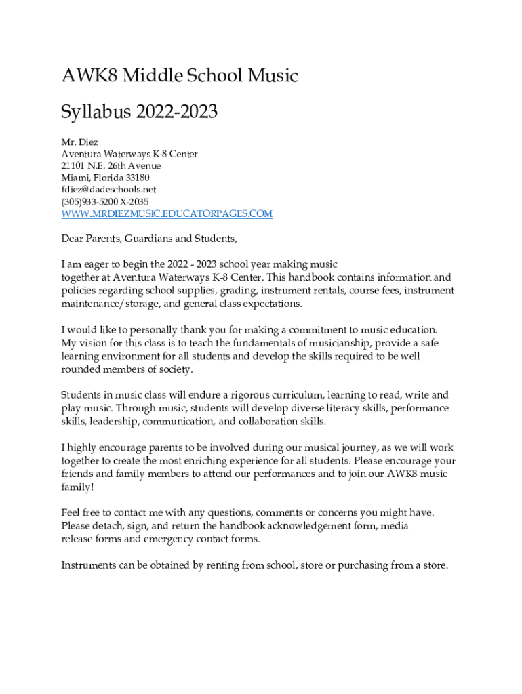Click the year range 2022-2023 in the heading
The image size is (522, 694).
(x=176, y=111)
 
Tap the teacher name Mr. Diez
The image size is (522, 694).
(x=80, y=142)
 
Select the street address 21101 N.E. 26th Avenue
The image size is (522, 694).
(x=111, y=166)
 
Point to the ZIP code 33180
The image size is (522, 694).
(x=136, y=178)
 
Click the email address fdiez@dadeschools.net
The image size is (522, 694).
(x=108, y=190)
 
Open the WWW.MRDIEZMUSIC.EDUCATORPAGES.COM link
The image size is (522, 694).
(x=167, y=214)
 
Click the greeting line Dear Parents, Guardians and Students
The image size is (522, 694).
(x=149, y=239)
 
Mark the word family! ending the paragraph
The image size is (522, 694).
(x=77, y=487)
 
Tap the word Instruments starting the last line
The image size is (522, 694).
(x=89, y=565)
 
